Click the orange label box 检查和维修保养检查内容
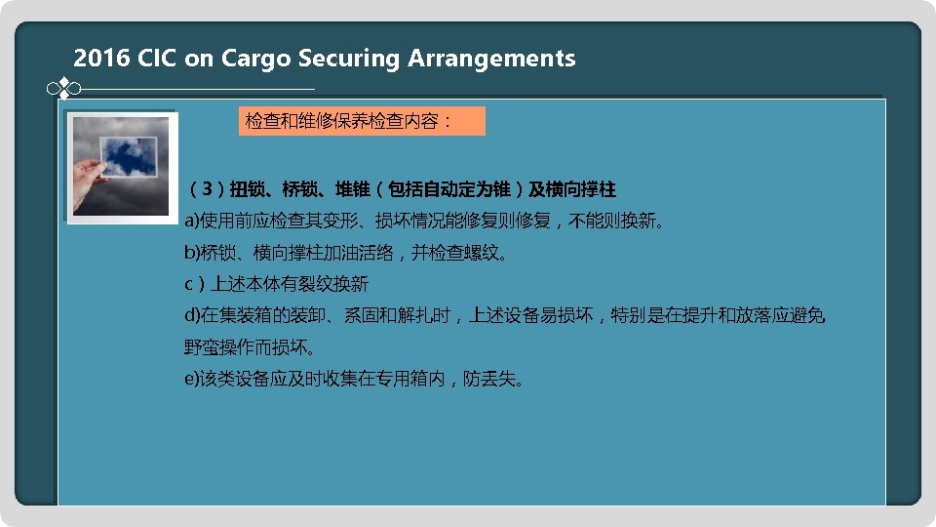pos(361,122)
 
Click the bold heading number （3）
pos(207,188)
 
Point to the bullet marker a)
pos(192,221)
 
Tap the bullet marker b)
pos(192,253)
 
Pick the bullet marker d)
pos(192,315)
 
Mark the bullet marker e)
pos(192,379)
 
